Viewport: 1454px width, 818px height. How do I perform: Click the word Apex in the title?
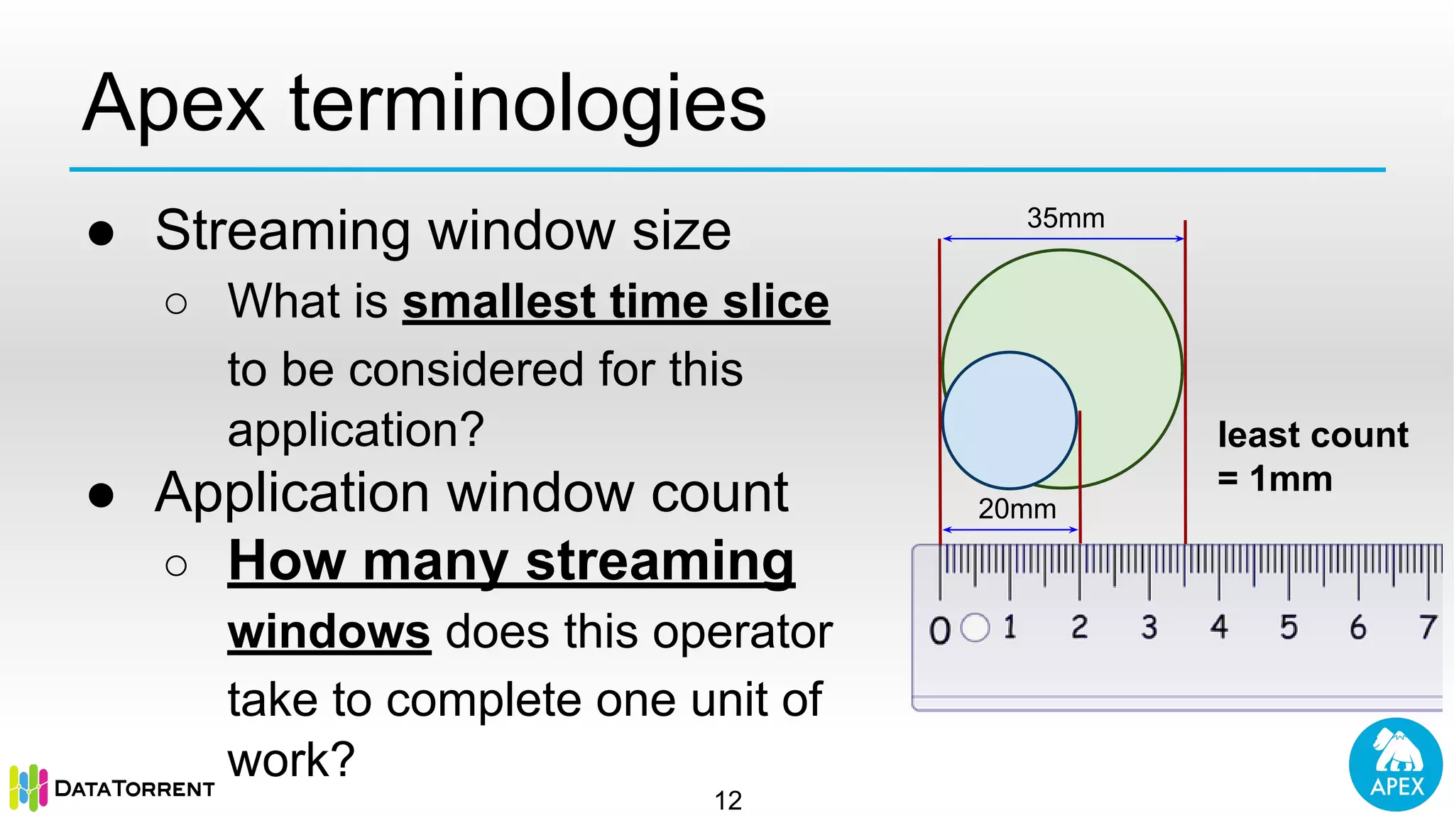[x=173, y=105]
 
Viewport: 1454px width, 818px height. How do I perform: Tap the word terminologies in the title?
[x=528, y=105]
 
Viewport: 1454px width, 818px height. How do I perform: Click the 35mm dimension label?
[x=1065, y=218]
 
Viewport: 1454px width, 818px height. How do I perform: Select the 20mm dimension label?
[x=1017, y=509]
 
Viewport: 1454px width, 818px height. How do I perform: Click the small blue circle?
[x=1009, y=420]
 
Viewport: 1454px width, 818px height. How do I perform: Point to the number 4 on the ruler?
[x=1219, y=627]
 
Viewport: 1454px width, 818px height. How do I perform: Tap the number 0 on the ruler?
[x=939, y=630]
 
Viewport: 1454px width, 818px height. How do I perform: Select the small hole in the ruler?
[x=975, y=628]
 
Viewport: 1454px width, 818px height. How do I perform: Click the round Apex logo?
[x=1395, y=765]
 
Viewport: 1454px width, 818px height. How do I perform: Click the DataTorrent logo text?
[x=134, y=789]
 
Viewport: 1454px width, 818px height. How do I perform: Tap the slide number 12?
[x=728, y=801]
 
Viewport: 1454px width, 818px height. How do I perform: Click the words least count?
[x=1312, y=435]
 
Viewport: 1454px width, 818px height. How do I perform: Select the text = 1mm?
[x=1275, y=479]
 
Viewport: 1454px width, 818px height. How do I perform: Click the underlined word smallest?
[x=499, y=302]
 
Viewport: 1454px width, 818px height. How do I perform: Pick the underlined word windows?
[x=329, y=632]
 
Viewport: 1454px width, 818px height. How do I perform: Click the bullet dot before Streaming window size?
[x=102, y=234]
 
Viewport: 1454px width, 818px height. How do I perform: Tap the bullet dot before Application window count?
[x=102, y=496]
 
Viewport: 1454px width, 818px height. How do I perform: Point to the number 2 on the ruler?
[x=1079, y=627]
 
